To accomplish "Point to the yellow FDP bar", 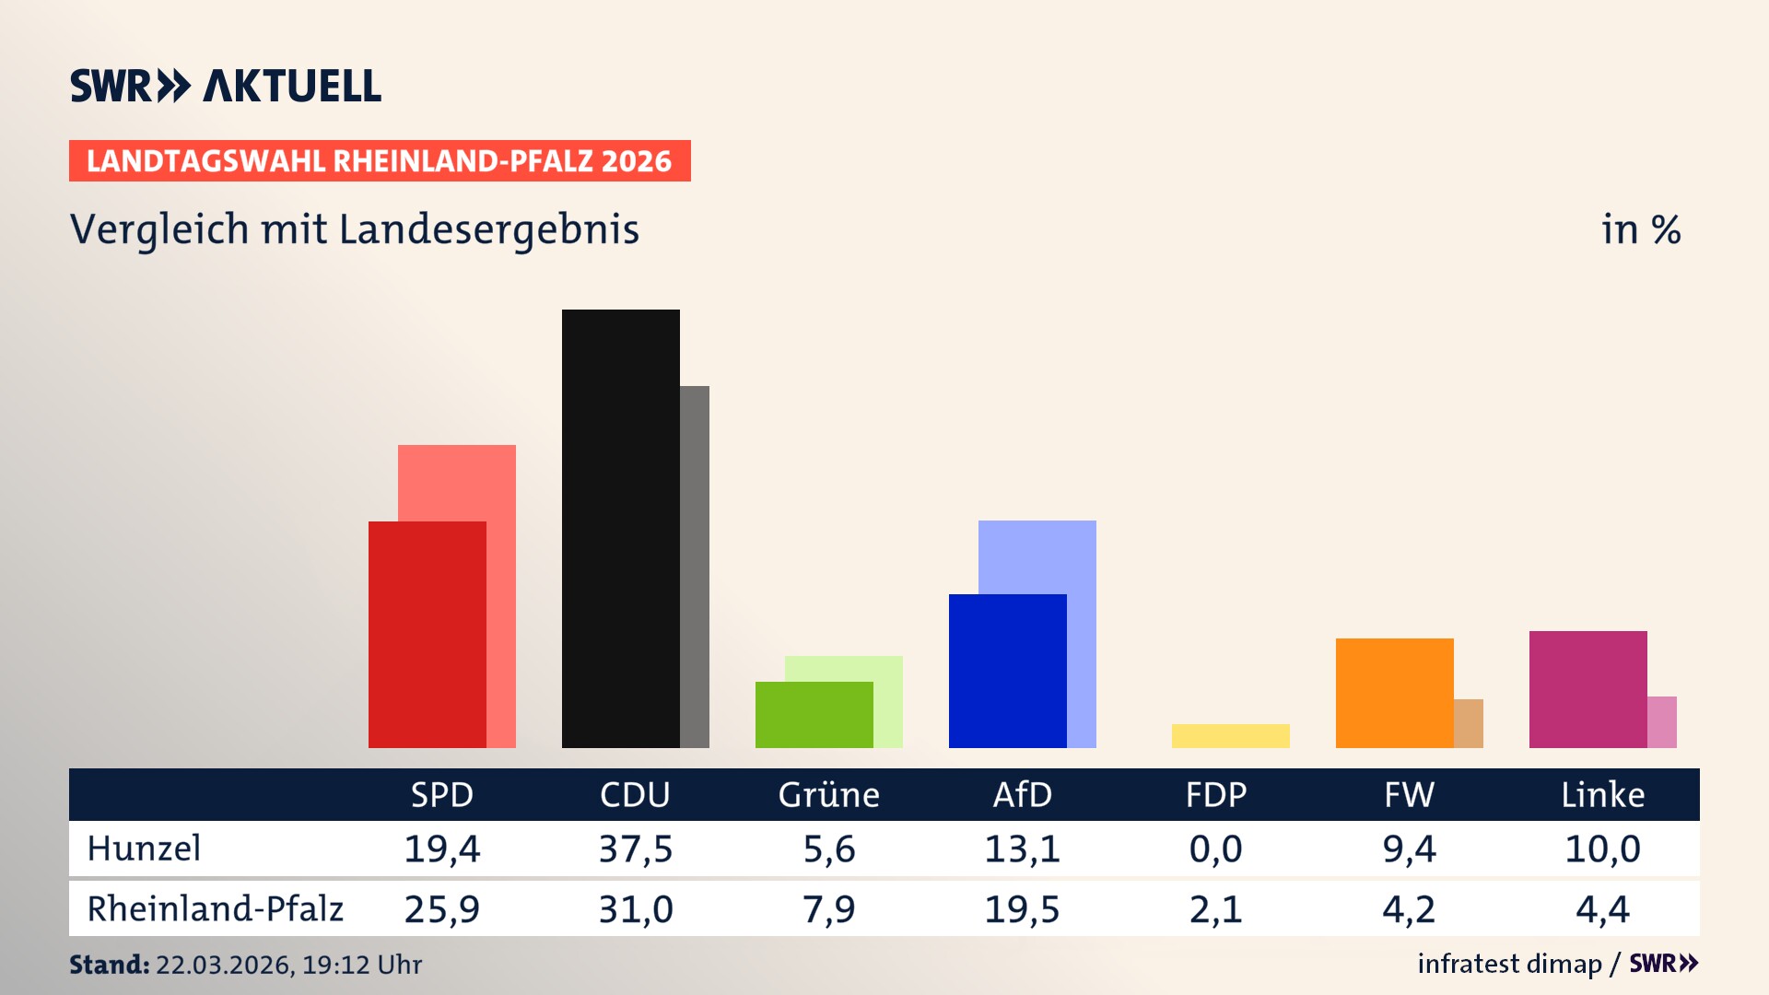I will click(1230, 735).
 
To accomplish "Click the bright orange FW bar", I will click(1394, 692).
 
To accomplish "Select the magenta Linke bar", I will click(1587, 688).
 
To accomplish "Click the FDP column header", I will click(1215, 794).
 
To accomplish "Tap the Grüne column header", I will click(828, 794).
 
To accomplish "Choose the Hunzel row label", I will click(144, 849).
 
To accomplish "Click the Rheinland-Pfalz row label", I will click(215, 909).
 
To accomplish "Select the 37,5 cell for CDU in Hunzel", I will click(635, 849).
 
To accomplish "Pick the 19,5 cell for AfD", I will click(1022, 909).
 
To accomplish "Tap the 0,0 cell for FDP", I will click(1215, 849).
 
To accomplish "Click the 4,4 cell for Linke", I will click(1602, 909).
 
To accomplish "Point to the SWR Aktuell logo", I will click(226, 86).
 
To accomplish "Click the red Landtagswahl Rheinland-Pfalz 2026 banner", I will click(380, 161).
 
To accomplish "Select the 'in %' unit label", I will click(1640, 229).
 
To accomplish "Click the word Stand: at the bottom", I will click(109, 965).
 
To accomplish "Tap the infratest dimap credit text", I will click(1509, 964).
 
